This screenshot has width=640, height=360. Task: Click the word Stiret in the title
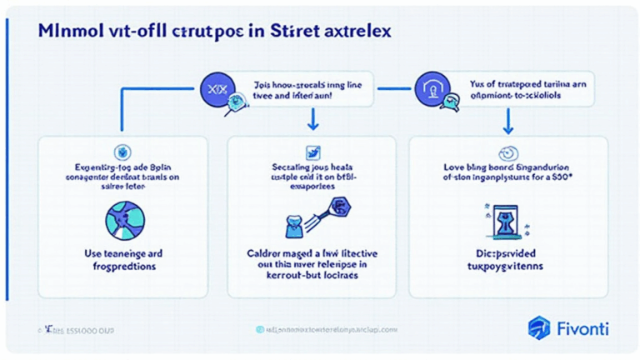point(287,32)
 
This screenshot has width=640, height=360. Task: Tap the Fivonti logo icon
point(539,327)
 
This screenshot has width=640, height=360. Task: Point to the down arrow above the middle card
point(313,122)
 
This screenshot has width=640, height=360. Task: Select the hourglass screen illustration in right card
point(502,218)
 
